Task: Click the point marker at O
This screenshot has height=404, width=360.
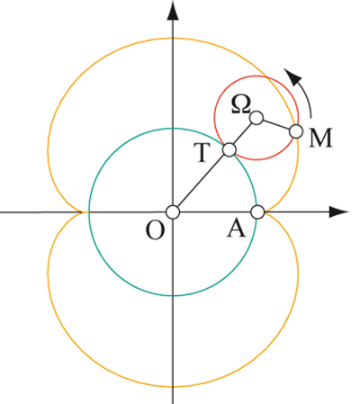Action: pos(173,212)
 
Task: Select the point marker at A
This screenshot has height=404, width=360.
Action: pos(257,212)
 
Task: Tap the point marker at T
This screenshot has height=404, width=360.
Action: pos(229,149)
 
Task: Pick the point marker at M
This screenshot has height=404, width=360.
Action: pos(296,131)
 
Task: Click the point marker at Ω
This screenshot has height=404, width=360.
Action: pos(256,118)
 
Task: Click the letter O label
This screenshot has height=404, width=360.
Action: pos(155,231)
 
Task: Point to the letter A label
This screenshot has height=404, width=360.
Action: pos(237,230)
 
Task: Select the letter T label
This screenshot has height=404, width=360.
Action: pos(202,153)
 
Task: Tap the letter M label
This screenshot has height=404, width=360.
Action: pos(320,138)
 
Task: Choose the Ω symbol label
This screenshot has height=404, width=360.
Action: pos(241,105)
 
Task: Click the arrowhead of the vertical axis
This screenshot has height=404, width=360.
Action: pos(173,10)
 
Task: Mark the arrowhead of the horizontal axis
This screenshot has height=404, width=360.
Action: pos(338,211)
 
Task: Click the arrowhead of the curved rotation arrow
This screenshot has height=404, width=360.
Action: pos(292,76)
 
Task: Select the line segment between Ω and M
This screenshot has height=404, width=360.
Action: pos(276,125)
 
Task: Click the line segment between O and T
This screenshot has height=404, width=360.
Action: pos(201,181)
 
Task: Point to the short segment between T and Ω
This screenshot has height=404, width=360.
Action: pos(243,133)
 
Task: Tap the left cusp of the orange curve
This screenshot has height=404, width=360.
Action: pos(82,212)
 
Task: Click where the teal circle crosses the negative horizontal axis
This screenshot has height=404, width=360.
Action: pos(89,212)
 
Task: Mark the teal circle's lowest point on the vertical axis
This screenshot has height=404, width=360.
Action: pos(173,296)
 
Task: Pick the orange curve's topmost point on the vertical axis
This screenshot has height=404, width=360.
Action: pos(173,38)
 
